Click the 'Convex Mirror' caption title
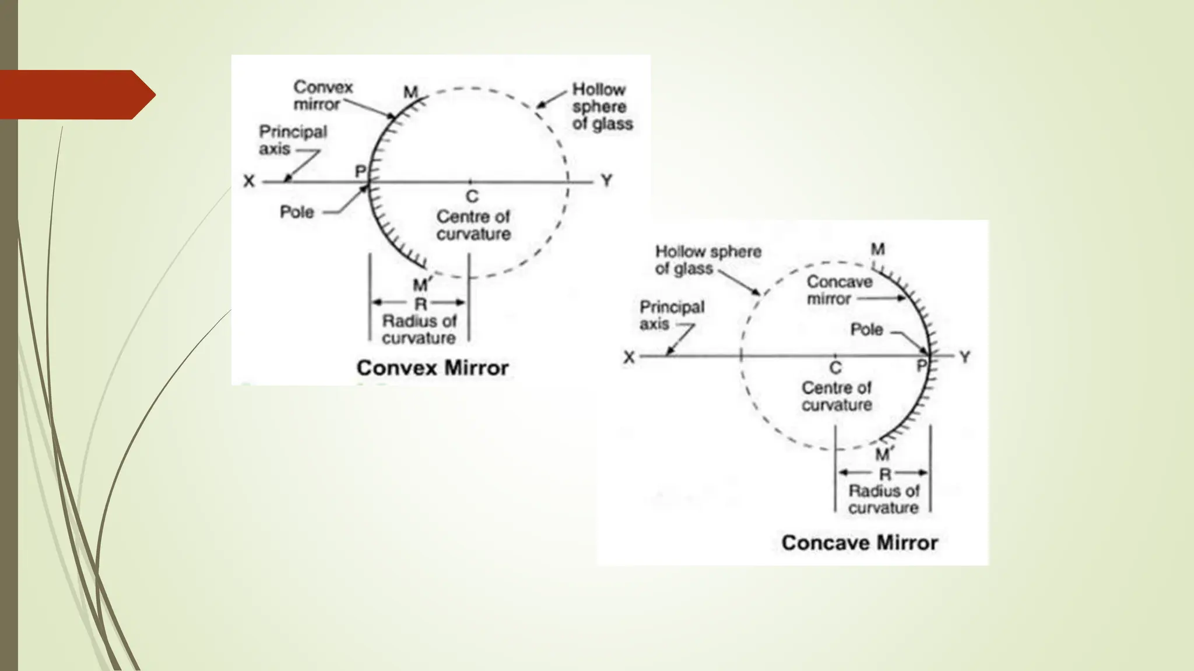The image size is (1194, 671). coord(432,368)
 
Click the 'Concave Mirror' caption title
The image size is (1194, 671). coord(859,543)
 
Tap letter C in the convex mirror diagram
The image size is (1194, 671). coord(472,197)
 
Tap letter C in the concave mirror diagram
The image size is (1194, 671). coord(835,368)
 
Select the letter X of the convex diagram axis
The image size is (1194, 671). coord(249,182)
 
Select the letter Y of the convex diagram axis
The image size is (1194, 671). coord(607,181)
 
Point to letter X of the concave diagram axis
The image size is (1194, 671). coord(628,357)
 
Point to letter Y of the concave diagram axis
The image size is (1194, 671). coord(965,357)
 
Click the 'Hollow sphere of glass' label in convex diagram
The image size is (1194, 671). coord(602,107)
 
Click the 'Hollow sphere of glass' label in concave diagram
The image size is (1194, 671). coord(708,260)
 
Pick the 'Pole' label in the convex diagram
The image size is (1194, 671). coord(297,212)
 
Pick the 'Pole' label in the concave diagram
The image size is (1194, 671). coord(866,330)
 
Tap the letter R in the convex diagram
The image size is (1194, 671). coord(420,303)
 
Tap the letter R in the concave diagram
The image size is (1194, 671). coord(885,474)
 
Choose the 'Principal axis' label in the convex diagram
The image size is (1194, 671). coord(292,140)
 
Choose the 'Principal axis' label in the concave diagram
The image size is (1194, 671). coord(671,315)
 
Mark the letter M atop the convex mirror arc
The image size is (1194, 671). coord(411,92)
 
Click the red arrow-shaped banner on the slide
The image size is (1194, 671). coord(76,94)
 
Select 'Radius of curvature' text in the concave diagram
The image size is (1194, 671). coord(884,499)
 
